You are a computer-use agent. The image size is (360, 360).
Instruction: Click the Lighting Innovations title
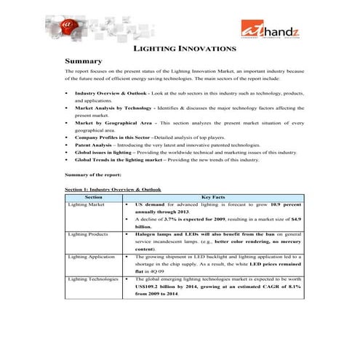(185, 49)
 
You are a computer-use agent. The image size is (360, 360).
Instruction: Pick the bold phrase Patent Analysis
(92, 145)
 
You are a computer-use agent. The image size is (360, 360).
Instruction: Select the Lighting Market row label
(87, 205)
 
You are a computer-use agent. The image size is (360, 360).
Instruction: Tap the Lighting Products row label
(88, 234)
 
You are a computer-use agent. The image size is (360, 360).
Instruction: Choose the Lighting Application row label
(91, 257)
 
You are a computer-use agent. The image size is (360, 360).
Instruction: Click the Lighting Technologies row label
(93, 279)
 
